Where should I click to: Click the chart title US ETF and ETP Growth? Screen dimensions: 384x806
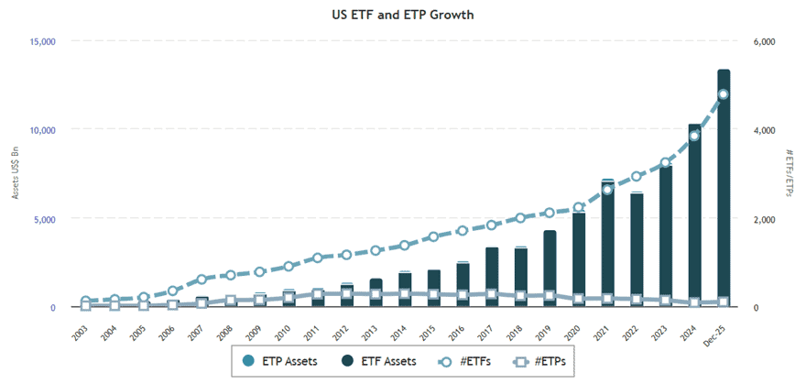403,15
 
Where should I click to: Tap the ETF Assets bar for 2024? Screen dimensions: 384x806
694,220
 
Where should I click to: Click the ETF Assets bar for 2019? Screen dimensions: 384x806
550,270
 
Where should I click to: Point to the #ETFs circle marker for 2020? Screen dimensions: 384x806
578,208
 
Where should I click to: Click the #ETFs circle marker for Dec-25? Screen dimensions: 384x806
723,94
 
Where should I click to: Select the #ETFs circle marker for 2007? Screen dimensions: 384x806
201,280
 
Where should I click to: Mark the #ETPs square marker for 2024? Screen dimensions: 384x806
694,302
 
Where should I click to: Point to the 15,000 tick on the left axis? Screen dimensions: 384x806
40,41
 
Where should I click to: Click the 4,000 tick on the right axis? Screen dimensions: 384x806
765,130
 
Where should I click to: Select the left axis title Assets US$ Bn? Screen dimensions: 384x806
15,174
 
